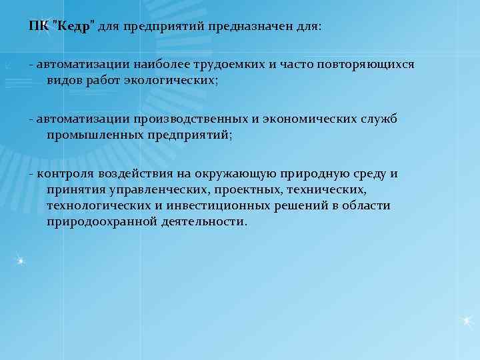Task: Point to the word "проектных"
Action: (x=243, y=189)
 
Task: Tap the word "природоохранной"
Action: (x=101, y=221)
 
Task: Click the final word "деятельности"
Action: (x=204, y=221)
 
